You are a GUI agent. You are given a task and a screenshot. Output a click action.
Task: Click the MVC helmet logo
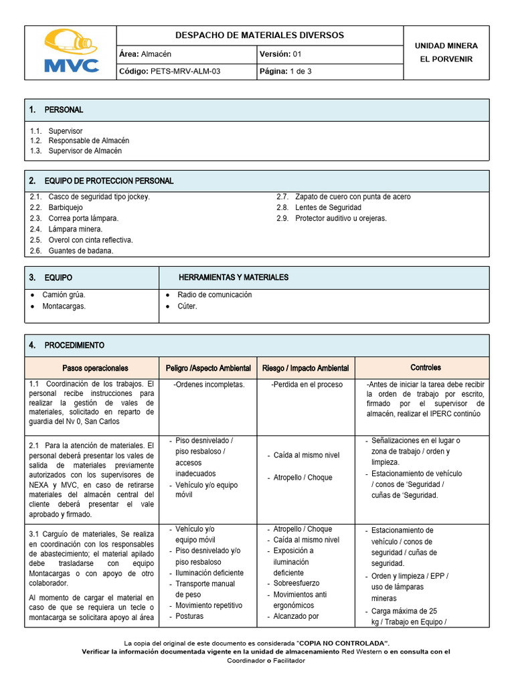[70, 51]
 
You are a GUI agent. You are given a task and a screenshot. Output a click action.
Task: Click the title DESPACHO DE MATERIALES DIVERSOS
[259, 35]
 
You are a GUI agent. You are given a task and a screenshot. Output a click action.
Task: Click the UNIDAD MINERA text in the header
[446, 45]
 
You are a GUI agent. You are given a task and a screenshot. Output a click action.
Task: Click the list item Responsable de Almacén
[88, 141]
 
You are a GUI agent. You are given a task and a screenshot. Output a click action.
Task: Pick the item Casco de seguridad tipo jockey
[99, 197]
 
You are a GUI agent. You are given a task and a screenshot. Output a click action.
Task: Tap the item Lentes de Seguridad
[328, 207]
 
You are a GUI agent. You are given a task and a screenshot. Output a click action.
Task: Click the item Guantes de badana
[80, 251]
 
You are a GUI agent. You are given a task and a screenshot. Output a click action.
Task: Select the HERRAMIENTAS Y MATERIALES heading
[234, 277]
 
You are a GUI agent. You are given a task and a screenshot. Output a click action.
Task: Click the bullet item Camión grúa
[64, 294]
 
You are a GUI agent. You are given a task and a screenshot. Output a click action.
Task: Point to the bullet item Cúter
[187, 306]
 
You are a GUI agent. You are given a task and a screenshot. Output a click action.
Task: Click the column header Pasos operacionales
[95, 368]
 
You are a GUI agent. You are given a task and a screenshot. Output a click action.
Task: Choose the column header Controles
[425, 367]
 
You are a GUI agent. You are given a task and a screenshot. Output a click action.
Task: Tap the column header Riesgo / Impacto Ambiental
[305, 368]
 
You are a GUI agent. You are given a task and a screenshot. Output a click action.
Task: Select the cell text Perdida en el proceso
[307, 385]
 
